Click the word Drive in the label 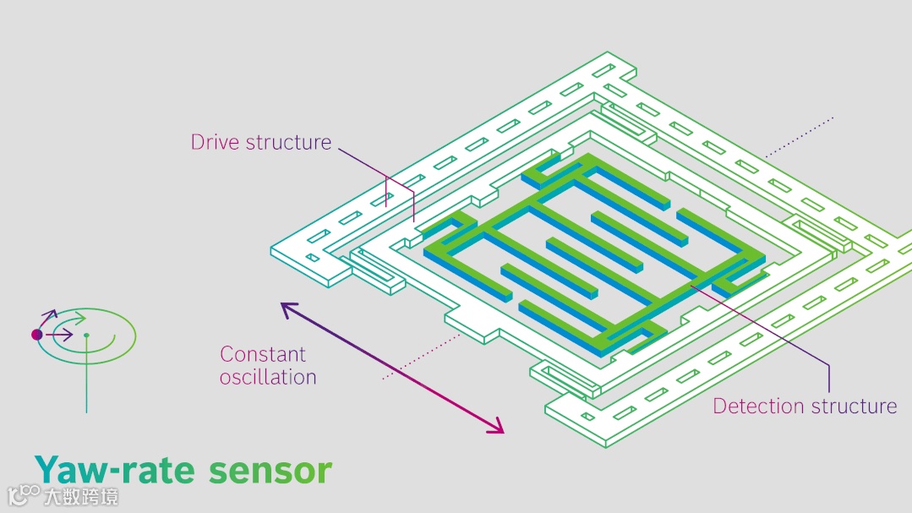[x=216, y=142]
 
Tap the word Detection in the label [x=756, y=406]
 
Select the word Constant [x=263, y=354]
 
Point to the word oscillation [x=268, y=377]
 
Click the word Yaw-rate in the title [x=113, y=470]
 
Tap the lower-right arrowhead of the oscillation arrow [x=500, y=430]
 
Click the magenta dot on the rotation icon [x=37, y=335]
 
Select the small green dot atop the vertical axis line [x=86, y=336]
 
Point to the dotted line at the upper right [x=800, y=136]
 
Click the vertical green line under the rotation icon [x=86, y=380]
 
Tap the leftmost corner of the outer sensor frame [x=272, y=250]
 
